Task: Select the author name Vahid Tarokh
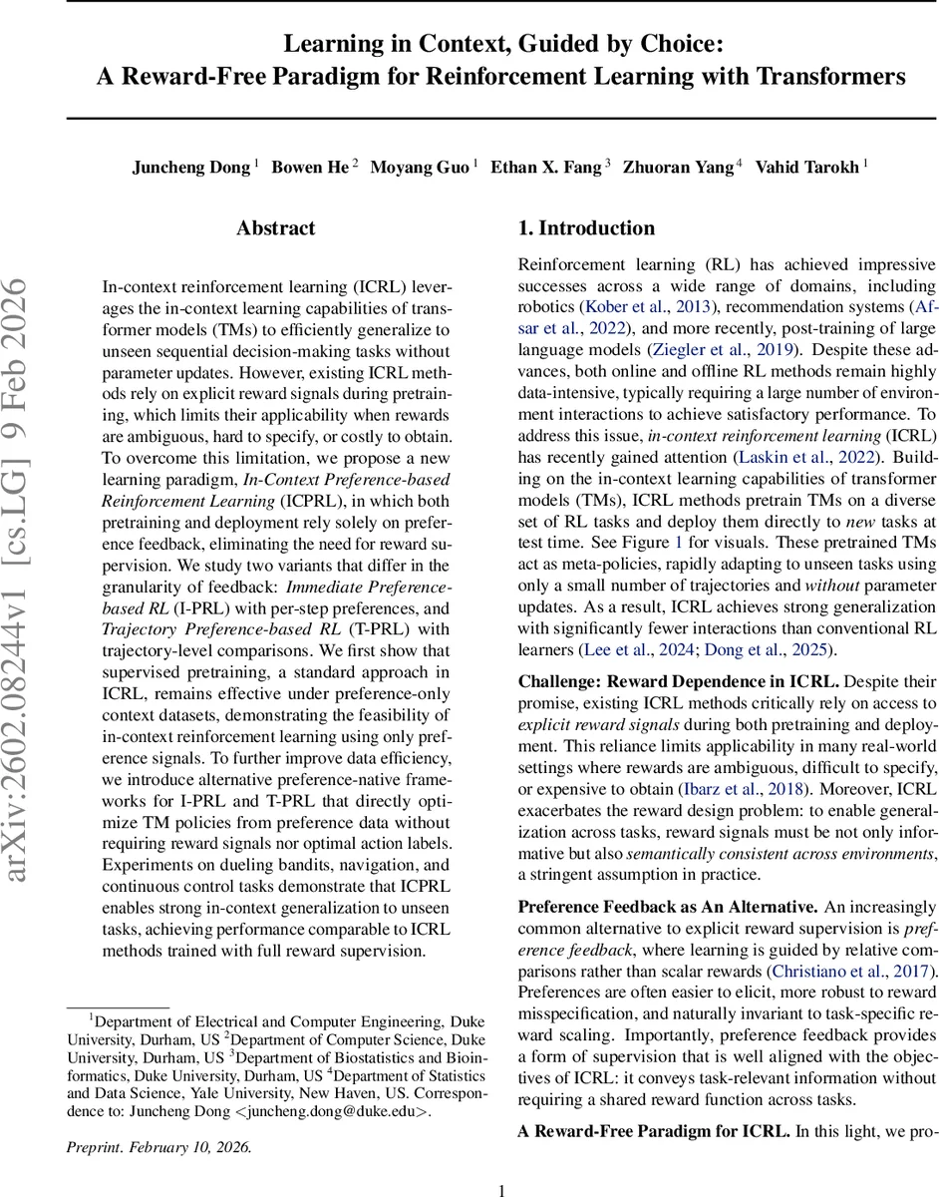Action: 808,168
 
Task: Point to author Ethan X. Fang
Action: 546,168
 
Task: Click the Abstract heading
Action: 277,228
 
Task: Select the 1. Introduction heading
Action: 586,228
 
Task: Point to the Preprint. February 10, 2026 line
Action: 159,1147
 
